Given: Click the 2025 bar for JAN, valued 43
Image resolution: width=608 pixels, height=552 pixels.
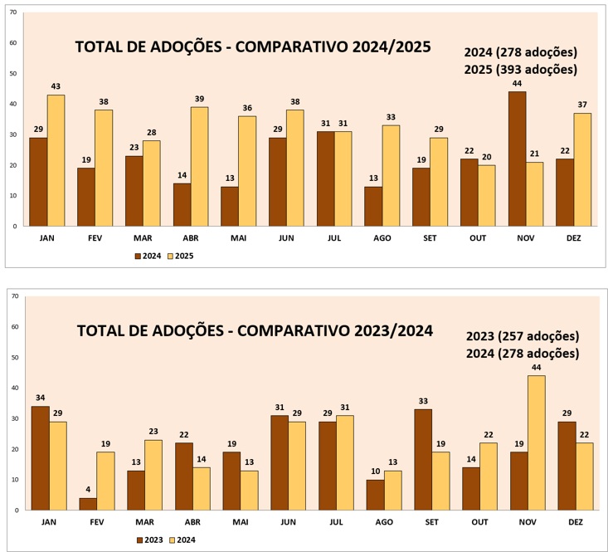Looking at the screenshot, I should click(56, 160).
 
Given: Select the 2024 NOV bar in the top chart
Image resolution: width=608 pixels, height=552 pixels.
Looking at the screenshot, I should click(518, 159).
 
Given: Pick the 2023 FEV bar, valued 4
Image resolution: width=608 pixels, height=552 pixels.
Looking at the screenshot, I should click(88, 504).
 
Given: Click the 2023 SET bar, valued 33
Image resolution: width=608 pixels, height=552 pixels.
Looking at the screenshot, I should click(423, 459).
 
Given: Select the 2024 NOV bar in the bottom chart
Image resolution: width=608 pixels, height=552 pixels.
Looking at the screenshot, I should click(537, 442).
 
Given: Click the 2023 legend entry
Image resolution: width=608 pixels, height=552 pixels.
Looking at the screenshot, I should click(150, 540).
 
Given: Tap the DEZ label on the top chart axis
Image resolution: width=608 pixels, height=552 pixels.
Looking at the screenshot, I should click(574, 237).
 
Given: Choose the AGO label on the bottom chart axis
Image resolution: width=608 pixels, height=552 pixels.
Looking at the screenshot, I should click(384, 522).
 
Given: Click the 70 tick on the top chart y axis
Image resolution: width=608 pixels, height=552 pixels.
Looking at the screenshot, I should click(13, 12).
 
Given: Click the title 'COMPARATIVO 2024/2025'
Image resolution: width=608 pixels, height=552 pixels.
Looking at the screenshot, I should click(253, 46).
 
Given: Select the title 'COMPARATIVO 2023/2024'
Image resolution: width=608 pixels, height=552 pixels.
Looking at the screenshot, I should click(255, 330).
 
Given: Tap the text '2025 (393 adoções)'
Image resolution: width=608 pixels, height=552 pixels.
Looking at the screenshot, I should click(520, 70).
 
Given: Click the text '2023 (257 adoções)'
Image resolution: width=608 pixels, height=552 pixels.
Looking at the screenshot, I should click(522, 336).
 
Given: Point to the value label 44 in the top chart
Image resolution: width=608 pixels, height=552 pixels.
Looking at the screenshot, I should click(518, 84).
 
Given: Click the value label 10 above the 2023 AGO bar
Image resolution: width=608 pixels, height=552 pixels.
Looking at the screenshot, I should click(375, 472).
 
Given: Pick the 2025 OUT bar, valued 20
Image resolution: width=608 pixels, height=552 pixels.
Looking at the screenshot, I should click(488, 195).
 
